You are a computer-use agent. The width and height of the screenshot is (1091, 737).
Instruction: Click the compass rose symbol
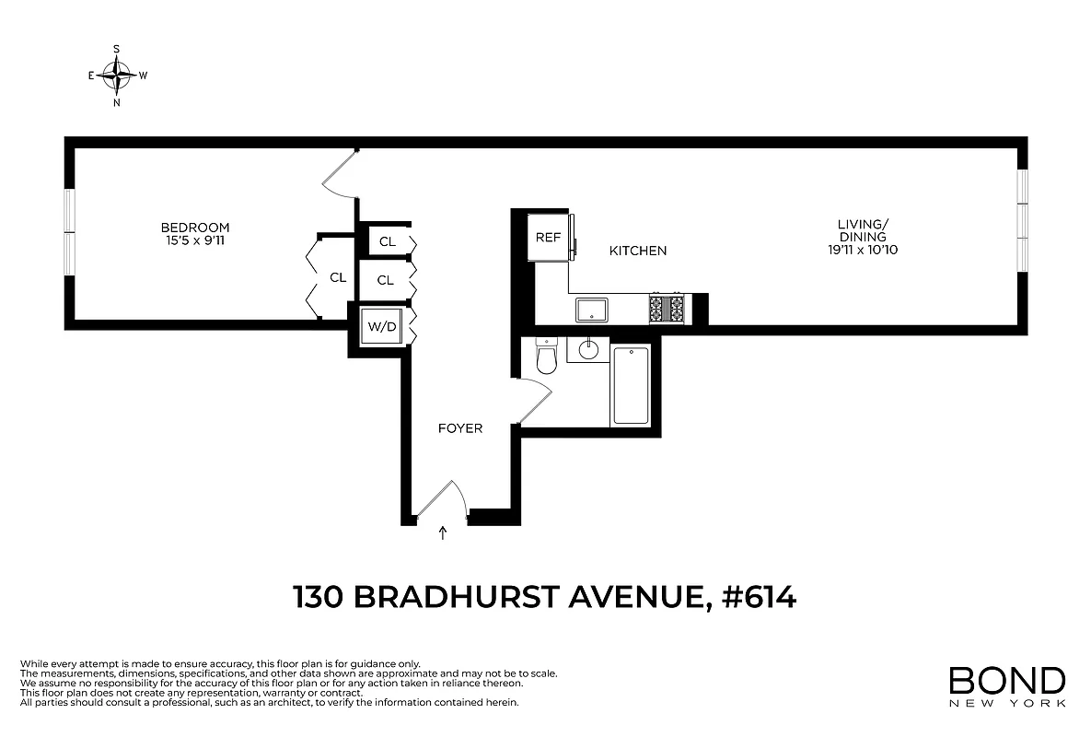(118, 76)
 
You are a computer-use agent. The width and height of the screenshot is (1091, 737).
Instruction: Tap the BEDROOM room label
(195, 228)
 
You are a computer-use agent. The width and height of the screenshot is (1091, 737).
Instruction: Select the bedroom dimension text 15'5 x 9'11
(195, 241)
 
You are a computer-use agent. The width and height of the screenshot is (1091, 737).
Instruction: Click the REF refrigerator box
(548, 238)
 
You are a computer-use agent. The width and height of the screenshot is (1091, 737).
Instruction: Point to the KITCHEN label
(638, 251)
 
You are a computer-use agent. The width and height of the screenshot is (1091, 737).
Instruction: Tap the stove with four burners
(667, 309)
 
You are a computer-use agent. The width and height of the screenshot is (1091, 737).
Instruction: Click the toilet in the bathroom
(546, 357)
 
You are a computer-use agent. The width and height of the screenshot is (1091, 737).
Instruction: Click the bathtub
(631, 385)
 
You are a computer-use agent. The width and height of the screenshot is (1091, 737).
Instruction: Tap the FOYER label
(460, 428)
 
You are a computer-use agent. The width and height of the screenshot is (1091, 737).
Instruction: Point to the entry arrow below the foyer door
(443, 532)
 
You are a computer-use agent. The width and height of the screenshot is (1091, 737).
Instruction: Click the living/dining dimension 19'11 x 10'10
(862, 251)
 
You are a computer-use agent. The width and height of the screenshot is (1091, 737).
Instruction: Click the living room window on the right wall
(1021, 221)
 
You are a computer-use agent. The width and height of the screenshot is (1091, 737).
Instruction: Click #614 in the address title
(760, 598)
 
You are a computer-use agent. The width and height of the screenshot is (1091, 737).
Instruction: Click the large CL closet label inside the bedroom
(338, 276)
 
